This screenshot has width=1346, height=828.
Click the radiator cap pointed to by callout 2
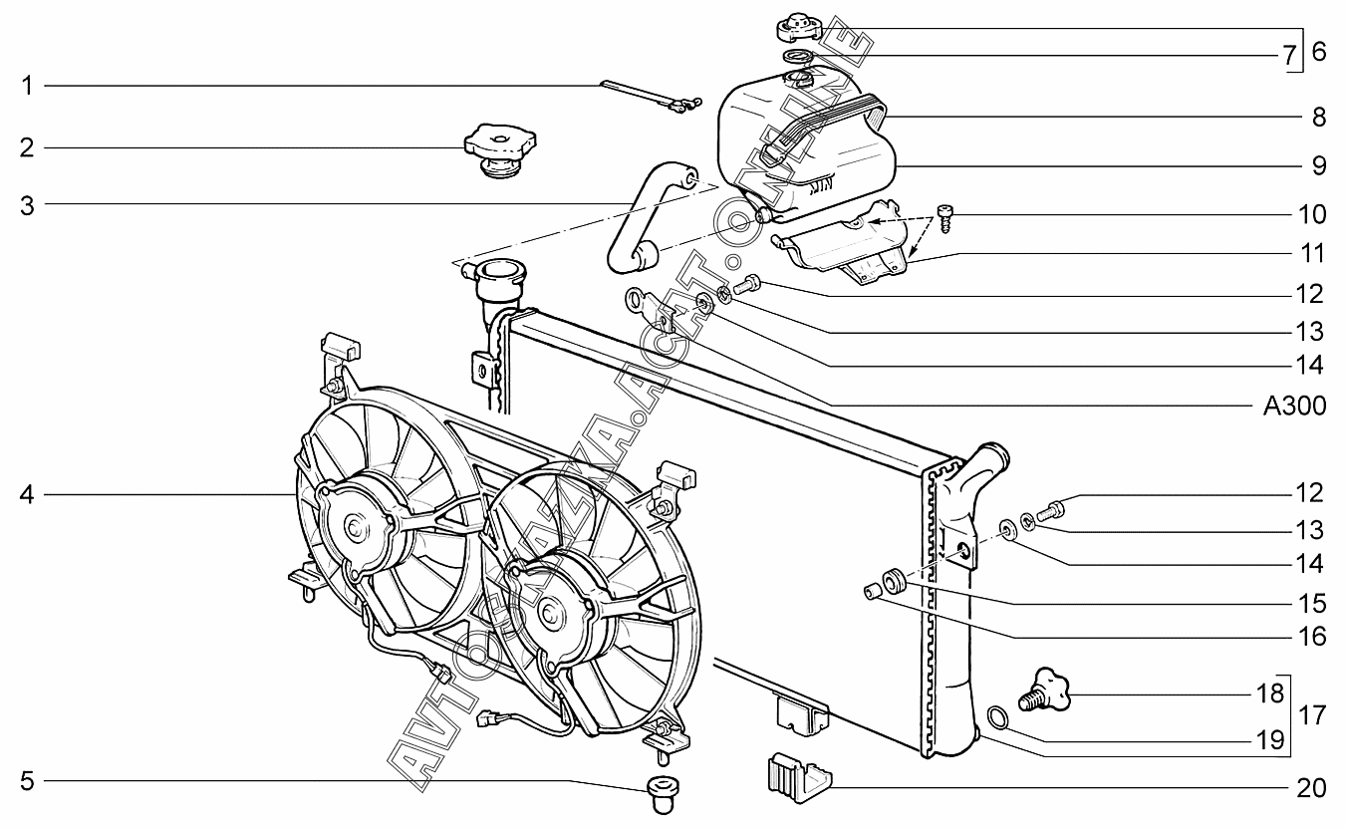(x=500, y=149)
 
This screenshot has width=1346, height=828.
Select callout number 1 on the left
(x=27, y=86)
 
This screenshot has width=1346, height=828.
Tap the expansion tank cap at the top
(x=799, y=28)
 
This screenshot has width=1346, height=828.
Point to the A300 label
(x=1294, y=407)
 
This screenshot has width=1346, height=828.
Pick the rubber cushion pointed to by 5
(x=663, y=794)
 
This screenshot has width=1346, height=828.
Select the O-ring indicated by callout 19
(x=997, y=718)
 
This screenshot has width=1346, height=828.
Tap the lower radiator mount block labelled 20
(x=800, y=777)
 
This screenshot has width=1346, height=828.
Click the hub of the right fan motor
(x=548, y=614)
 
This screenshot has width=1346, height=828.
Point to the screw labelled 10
(x=944, y=219)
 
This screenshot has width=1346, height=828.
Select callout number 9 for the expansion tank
(x=1318, y=165)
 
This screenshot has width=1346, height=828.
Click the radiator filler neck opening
(x=500, y=268)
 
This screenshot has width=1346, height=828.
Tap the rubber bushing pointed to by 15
(x=894, y=581)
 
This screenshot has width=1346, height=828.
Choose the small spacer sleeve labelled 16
(x=872, y=591)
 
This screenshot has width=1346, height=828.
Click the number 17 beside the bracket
(x=1312, y=715)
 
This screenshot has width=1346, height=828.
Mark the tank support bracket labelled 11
(x=841, y=243)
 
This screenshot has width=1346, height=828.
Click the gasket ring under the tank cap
(x=799, y=58)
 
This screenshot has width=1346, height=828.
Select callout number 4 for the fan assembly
(x=27, y=495)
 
